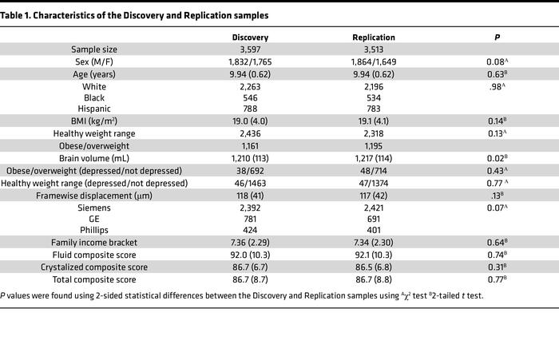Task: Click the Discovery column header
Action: click(250, 38)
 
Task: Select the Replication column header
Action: click(373, 38)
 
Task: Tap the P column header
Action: click(496, 38)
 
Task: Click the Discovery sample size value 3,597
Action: click(250, 49)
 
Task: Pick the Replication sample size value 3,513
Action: click(373, 49)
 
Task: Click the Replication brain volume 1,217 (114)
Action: click(373, 159)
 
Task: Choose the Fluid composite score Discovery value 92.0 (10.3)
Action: click(250, 254)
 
